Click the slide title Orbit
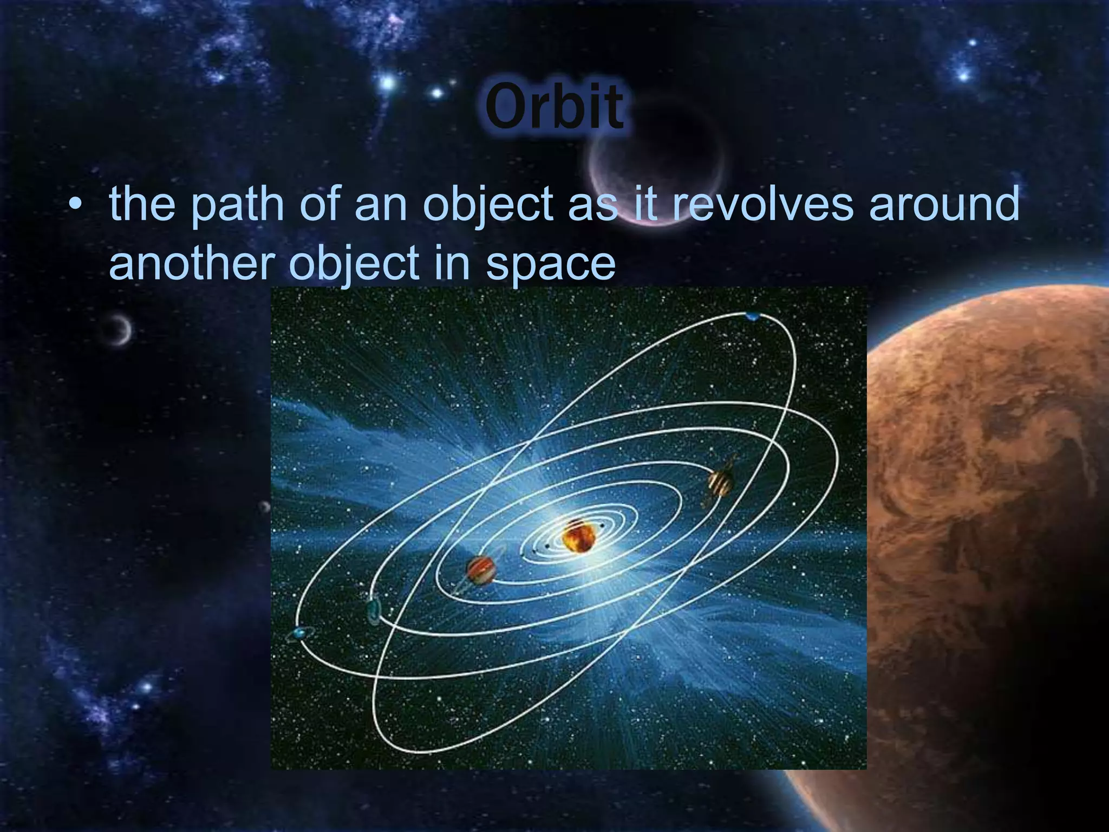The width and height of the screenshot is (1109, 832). [x=554, y=108]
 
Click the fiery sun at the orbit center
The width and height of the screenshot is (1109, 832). [x=578, y=535]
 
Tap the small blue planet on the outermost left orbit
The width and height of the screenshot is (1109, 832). [x=299, y=633]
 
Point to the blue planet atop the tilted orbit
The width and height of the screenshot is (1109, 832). [x=752, y=316]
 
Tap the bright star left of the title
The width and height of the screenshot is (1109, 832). [x=388, y=83]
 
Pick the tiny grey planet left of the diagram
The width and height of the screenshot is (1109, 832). [x=264, y=507]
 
